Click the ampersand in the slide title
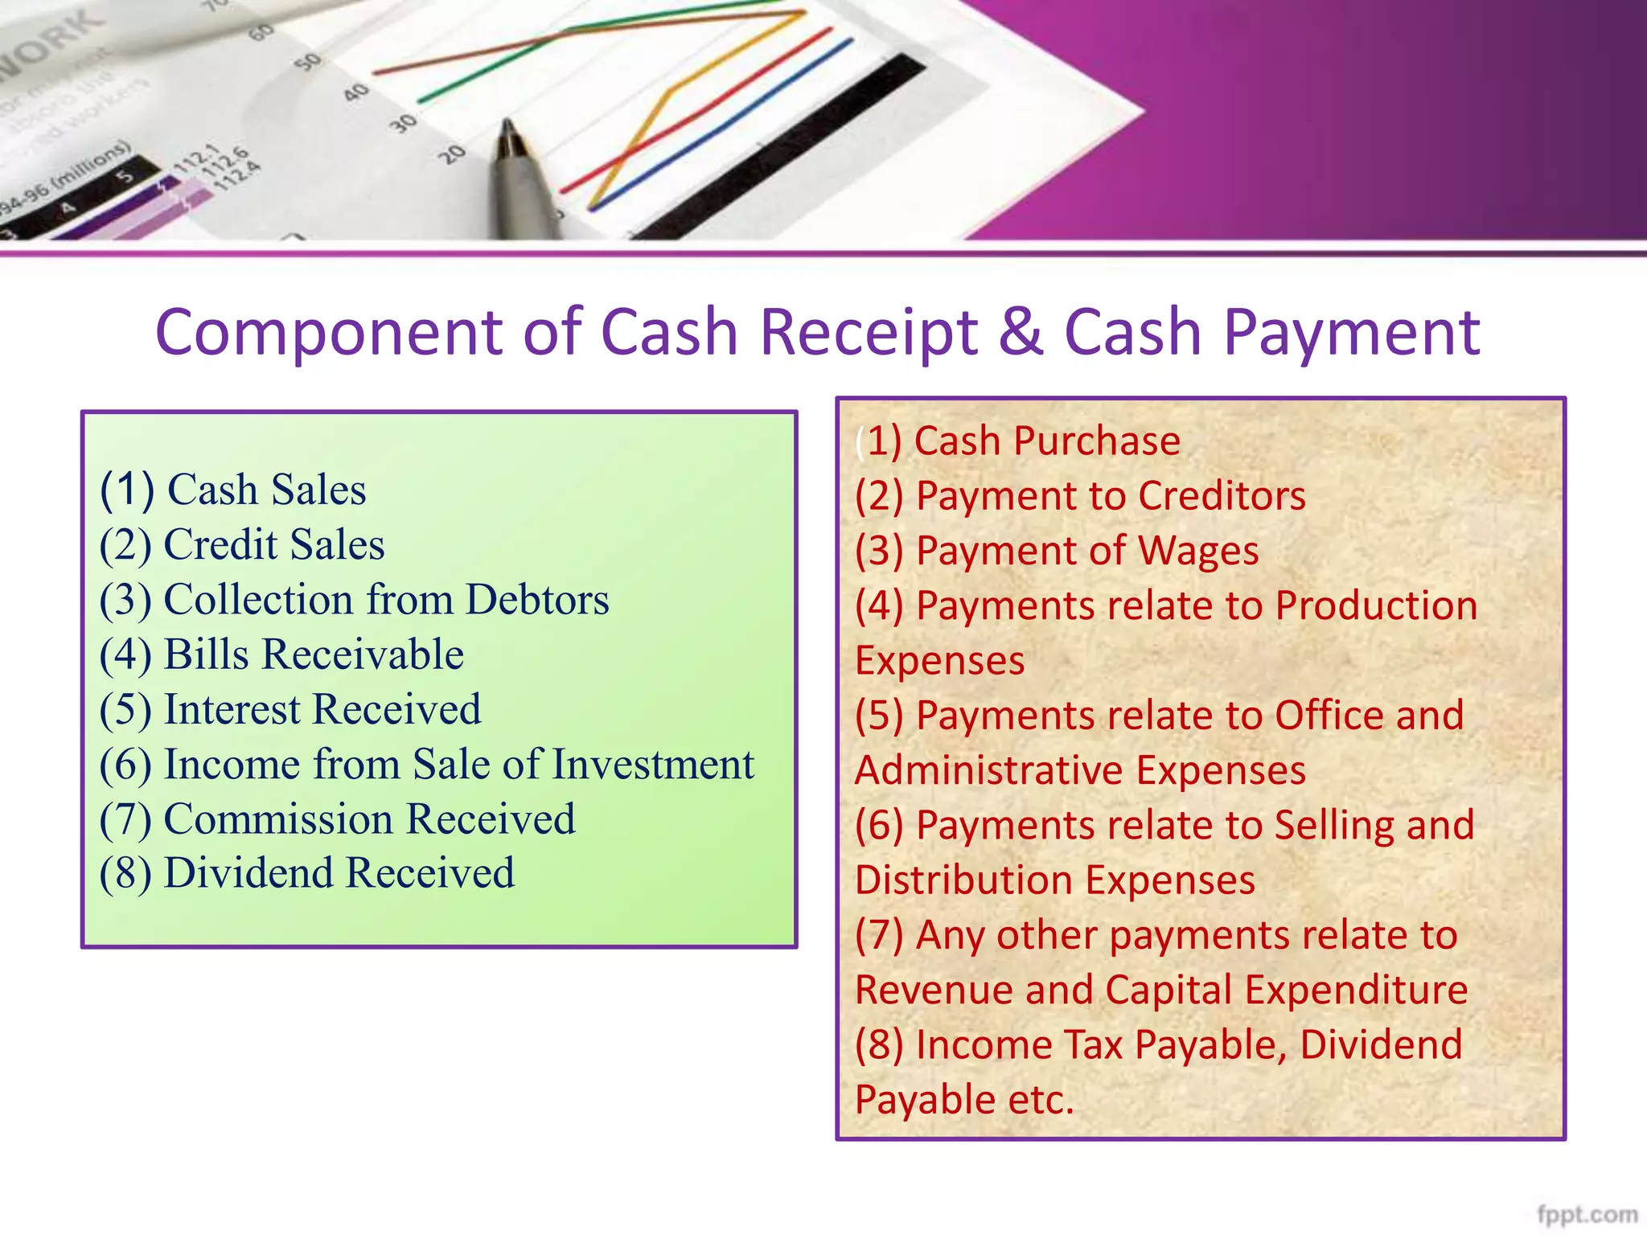point(1021,332)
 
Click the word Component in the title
point(328,332)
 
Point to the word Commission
point(278,819)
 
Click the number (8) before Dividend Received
point(125,874)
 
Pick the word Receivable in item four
point(363,654)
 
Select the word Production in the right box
point(1376,605)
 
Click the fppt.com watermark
point(1587,1214)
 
